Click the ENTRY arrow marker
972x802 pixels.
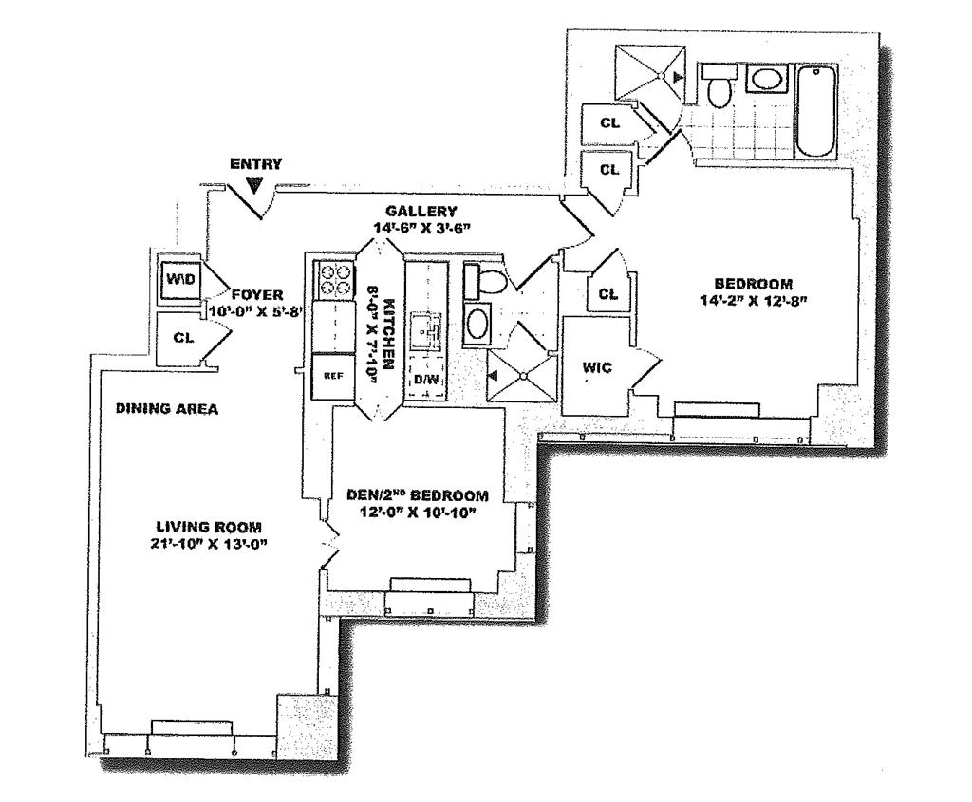click(x=254, y=185)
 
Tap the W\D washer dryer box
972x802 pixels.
click(x=180, y=279)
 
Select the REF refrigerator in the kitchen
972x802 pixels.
click(x=333, y=376)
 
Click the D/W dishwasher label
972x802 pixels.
click(x=425, y=380)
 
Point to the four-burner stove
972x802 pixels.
click(x=335, y=280)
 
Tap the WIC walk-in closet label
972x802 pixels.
click(x=597, y=367)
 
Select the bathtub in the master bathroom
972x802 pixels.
click(x=817, y=111)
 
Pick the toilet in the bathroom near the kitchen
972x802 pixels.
click(x=486, y=280)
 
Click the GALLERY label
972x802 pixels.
click(x=421, y=212)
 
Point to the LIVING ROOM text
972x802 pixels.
click(x=208, y=528)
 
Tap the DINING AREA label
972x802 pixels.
click(x=167, y=409)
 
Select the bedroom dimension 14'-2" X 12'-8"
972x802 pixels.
click(x=754, y=301)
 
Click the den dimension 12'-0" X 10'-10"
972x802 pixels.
click(x=418, y=513)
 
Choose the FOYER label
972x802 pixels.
click(x=257, y=295)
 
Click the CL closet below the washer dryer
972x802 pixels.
click(x=183, y=338)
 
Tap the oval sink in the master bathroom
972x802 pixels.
click(x=766, y=79)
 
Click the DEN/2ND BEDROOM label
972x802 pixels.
click(x=418, y=496)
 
